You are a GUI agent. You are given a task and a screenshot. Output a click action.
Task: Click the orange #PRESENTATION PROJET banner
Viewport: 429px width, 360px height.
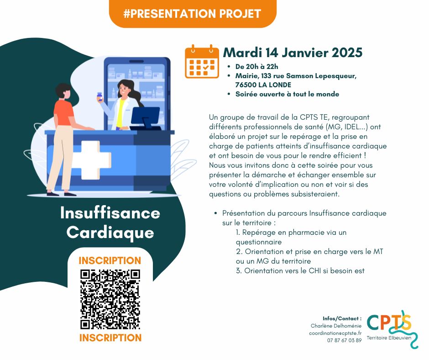click(193, 13)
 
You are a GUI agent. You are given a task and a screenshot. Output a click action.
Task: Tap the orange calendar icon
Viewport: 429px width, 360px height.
click(202, 61)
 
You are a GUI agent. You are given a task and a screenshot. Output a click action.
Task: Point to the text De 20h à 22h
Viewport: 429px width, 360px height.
click(256, 67)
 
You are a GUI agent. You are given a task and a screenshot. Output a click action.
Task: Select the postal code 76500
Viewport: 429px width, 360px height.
click(246, 85)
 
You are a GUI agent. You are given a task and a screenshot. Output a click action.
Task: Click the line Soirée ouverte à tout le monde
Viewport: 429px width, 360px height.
click(287, 94)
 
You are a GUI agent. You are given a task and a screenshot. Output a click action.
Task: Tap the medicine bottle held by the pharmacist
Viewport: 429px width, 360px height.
click(99, 97)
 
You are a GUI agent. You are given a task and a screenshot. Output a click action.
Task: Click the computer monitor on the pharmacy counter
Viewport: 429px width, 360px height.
click(146, 118)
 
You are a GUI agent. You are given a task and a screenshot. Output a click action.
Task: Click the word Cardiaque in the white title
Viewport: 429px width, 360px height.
click(110, 233)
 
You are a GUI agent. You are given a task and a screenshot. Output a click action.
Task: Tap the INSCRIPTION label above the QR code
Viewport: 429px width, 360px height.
click(110, 260)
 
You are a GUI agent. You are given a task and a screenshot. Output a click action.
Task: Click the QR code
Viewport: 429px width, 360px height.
click(110, 299)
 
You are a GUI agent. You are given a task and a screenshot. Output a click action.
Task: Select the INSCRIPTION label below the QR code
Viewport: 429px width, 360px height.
click(110, 338)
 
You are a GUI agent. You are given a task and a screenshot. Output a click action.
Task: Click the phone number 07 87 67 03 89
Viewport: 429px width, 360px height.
click(344, 340)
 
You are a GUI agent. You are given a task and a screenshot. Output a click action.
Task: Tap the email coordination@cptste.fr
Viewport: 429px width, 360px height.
click(335, 333)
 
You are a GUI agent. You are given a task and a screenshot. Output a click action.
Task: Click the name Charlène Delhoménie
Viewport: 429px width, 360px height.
click(336, 326)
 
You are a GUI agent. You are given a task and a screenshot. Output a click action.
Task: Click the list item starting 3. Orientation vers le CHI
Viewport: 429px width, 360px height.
click(300, 270)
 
